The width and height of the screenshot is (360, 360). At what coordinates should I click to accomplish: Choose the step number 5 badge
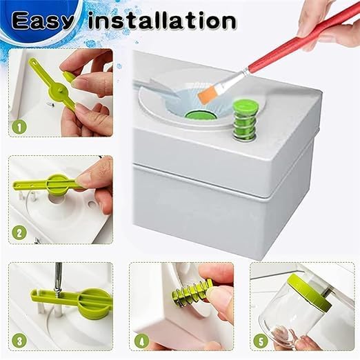pyautogui.click(x=261, y=339)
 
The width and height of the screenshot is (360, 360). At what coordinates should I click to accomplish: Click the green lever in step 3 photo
pyautogui.click(x=69, y=299)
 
